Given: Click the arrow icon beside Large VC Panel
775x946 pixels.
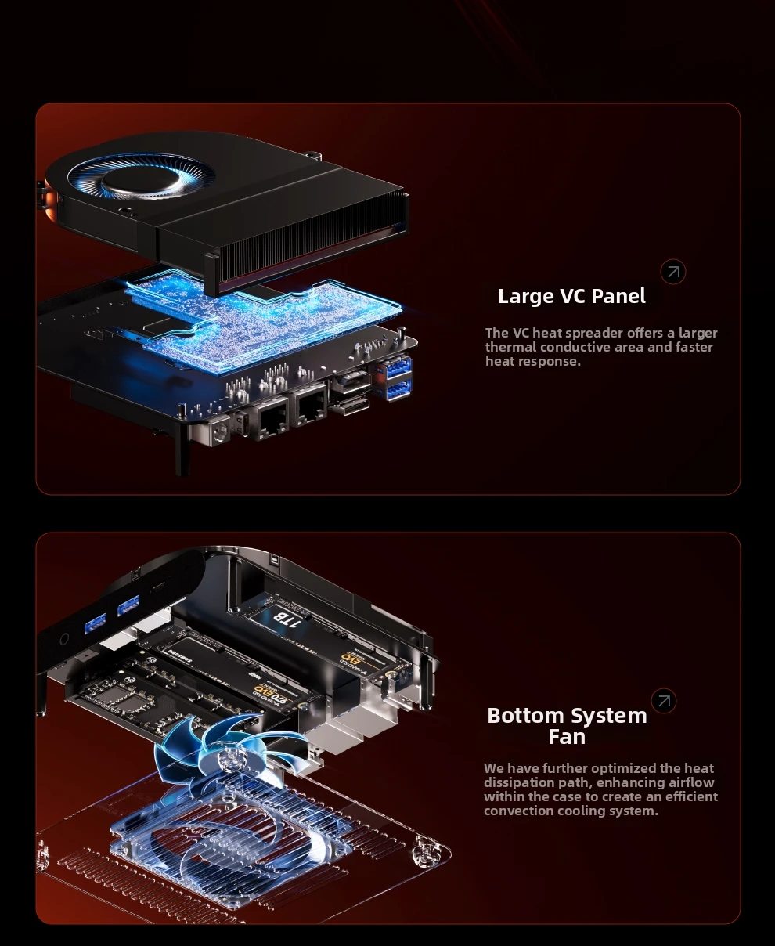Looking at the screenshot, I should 673,272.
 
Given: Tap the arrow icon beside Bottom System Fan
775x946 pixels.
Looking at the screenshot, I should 664,701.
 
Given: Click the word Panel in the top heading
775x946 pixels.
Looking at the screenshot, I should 618,297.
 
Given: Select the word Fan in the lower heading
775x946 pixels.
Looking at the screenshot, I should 567,738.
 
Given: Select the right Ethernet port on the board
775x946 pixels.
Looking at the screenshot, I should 310,405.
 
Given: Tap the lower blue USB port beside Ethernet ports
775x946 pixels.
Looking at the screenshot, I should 396,388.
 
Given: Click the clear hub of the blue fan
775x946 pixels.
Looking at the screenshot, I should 230,757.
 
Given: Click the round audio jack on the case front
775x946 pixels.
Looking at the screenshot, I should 63,640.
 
